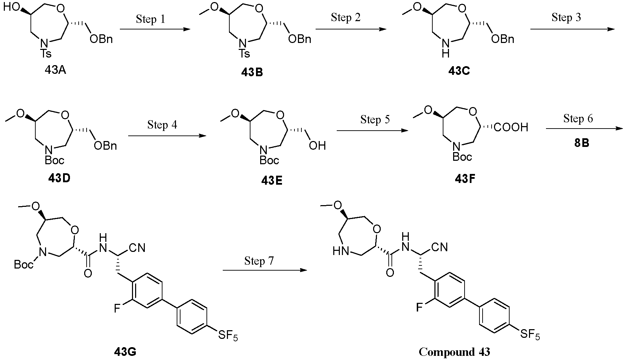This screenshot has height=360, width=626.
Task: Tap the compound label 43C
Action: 459,71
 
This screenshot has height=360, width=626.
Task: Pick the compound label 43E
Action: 272,181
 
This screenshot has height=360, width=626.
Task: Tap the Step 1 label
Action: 151,19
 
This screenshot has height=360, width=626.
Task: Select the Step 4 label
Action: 162,125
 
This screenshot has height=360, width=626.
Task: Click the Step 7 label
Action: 259,261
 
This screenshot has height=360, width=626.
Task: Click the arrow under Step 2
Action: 351,29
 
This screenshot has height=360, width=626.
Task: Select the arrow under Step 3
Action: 572,29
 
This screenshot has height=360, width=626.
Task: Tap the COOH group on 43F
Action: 511,127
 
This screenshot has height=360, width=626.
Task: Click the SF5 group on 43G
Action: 228,335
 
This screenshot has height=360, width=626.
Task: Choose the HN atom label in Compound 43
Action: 341,250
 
